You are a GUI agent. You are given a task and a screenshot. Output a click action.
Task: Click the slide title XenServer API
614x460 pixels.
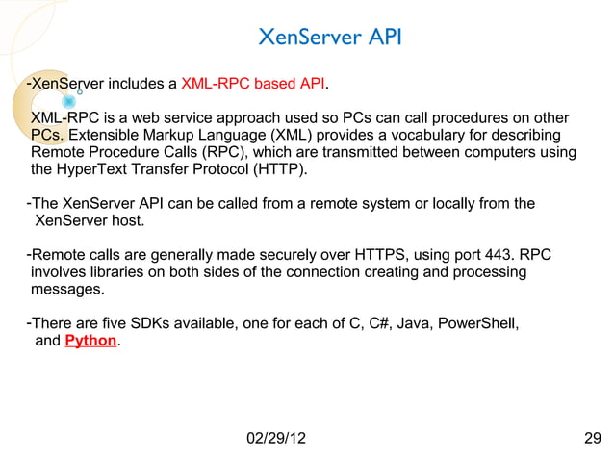pyautogui.click(x=331, y=38)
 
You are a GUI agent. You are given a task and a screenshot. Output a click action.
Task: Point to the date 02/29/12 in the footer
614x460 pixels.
pyautogui.click(x=277, y=439)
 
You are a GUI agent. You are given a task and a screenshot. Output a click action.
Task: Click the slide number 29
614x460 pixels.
pyautogui.click(x=592, y=439)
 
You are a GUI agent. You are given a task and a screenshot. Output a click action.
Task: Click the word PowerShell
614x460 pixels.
pyautogui.click(x=478, y=322)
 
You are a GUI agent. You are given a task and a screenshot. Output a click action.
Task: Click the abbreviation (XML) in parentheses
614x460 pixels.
pyautogui.click(x=302, y=135)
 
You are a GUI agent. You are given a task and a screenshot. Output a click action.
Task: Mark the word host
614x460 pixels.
pyautogui.click(x=128, y=221)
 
